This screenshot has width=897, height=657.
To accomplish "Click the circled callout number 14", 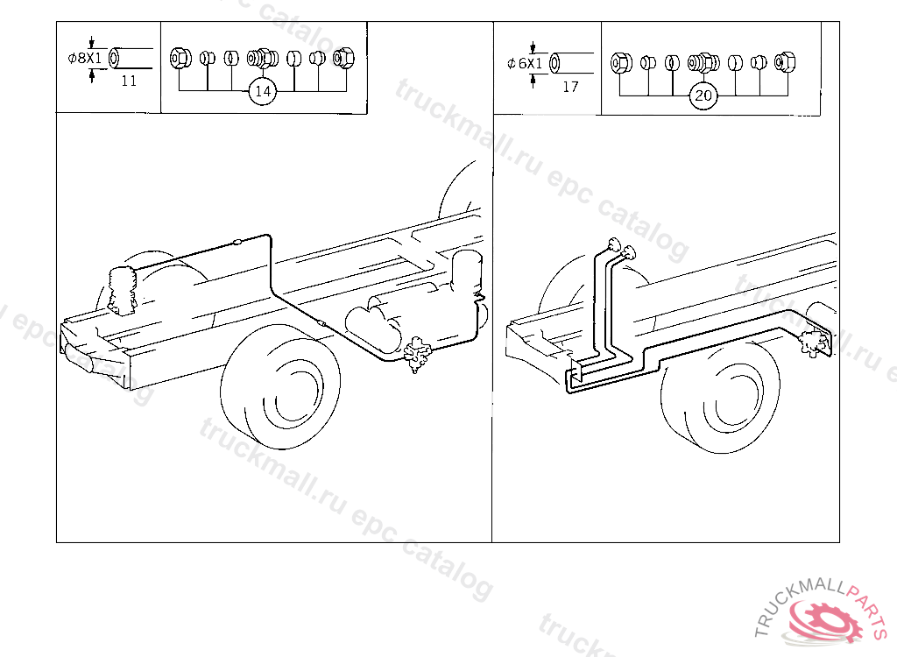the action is click(x=263, y=91).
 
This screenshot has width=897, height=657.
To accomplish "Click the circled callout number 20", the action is click(x=703, y=95).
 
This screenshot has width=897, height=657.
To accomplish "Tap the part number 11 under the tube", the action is click(x=130, y=81).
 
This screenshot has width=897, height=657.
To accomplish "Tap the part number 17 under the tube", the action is click(x=570, y=87).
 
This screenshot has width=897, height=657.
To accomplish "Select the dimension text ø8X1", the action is click(x=85, y=58).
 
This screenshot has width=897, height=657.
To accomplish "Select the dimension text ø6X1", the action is click(x=525, y=63).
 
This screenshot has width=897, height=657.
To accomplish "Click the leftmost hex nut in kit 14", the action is click(x=180, y=59).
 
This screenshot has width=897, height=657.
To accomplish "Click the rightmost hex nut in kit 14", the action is click(x=343, y=58).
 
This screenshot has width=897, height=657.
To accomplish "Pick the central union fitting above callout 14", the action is click(x=263, y=59).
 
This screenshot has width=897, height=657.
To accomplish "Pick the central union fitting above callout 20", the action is click(x=703, y=63).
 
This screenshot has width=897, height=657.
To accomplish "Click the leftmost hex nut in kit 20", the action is click(x=621, y=63).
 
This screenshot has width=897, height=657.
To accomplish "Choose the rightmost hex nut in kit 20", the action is click(x=785, y=62).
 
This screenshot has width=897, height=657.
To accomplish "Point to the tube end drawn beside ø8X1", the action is click(x=115, y=58).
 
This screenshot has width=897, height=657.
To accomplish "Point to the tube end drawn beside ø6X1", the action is click(x=554, y=63).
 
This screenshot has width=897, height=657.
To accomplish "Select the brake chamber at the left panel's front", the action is click(x=122, y=289).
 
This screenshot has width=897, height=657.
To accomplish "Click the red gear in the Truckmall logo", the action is click(x=823, y=621).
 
